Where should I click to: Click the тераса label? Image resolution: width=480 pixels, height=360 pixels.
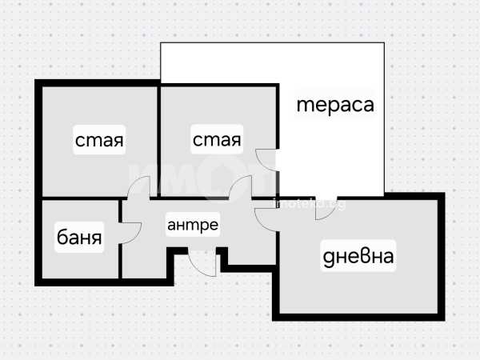(x=335, y=105)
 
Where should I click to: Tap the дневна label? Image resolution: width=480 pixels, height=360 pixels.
(x=358, y=256)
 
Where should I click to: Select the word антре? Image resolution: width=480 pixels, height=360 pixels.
(x=193, y=226)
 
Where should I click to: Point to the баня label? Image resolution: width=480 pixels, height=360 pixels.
(x=79, y=237)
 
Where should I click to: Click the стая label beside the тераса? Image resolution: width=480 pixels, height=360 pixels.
(x=217, y=139)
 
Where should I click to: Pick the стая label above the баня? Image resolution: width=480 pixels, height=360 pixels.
(x=99, y=140)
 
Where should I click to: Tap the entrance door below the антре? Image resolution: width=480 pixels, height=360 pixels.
(x=202, y=264)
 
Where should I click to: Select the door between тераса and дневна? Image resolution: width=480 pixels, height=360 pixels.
(x=326, y=208)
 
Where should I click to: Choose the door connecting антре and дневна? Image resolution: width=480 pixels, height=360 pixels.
(x=265, y=220)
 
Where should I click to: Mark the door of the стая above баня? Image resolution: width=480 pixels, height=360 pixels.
(x=138, y=186)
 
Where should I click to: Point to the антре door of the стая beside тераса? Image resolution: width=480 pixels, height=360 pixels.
(x=241, y=186)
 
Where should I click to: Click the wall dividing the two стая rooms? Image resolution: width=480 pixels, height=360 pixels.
(x=159, y=142)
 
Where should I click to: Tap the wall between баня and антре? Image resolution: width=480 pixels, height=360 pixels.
(x=120, y=238)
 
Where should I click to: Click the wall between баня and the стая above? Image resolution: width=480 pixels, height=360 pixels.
(x=80, y=198)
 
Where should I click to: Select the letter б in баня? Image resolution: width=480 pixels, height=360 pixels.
(x=62, y=236)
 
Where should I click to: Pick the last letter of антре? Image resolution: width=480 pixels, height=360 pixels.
(x=213, y=226)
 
